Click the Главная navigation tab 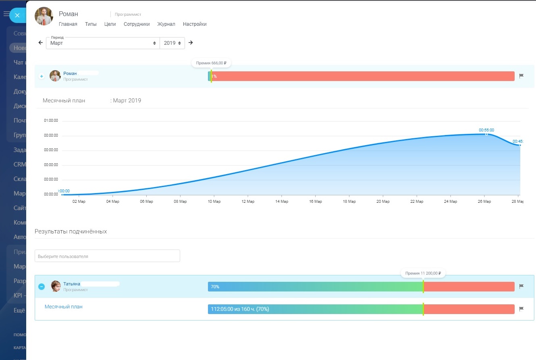(68, 24)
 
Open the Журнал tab (166, 24)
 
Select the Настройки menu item (195, 24)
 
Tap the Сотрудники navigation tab (137, 24)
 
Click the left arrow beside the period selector (40, 43)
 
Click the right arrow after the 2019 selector (191, 43)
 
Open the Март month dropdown (103, 43)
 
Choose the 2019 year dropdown (172, 43)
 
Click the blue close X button (17, 15)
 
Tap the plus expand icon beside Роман (42, 76)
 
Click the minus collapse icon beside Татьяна (42, 287)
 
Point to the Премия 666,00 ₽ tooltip (211, 63)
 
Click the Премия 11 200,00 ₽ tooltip (423, 273)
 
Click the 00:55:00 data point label (486, 130)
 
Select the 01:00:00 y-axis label (51, 121)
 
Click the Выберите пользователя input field (107, 256)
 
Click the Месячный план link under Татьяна (64, 307)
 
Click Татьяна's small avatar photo (56, 286)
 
